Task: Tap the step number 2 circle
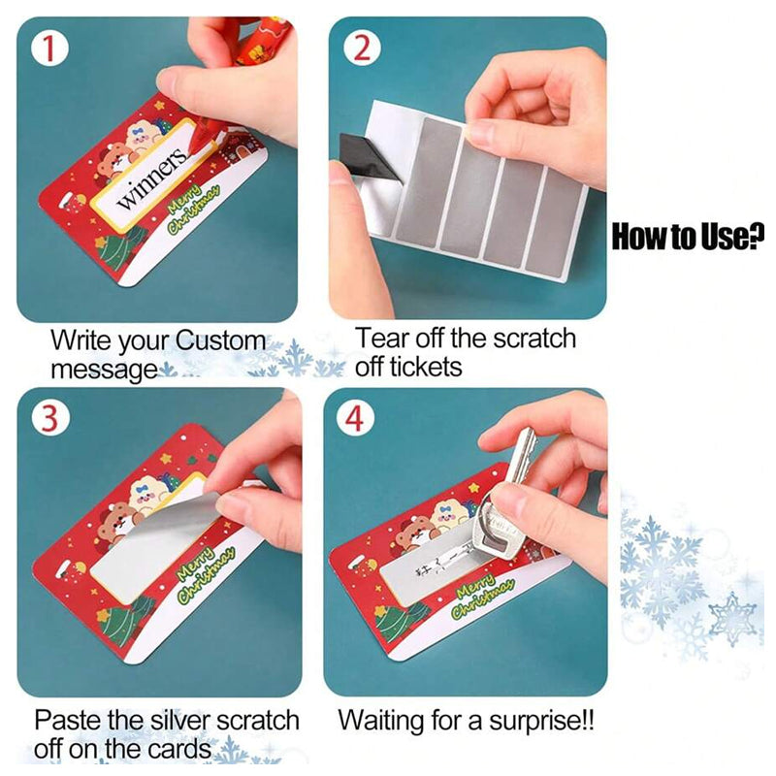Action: [363, 48]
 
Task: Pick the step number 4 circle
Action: [354, 418]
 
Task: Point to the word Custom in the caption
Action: [220, 341]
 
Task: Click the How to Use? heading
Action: [688, 237]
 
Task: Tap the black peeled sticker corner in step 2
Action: [369, 156]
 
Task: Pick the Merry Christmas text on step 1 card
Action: [193, 208]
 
